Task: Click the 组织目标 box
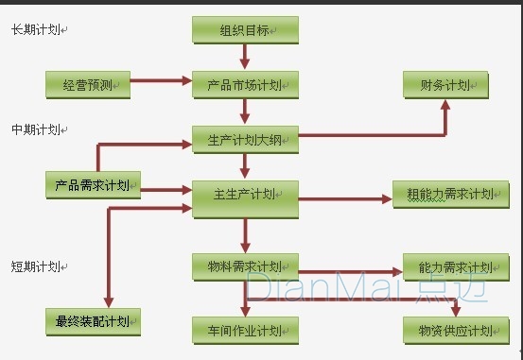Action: [x=245, y=30]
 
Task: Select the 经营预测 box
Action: [x=87, y=85]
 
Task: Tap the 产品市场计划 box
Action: [x=245, y=85]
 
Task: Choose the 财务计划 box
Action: [x=445, y=85]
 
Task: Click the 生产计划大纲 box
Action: [x=245, y=141]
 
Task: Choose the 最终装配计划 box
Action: [x=94, y=321]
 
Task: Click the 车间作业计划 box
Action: [x=245, y=331]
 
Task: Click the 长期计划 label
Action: [x=35, y=30]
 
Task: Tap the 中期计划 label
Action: [x=35, y=129]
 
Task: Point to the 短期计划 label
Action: [x=35, y=266]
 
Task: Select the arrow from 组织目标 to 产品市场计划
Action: [x=245, y=57]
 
